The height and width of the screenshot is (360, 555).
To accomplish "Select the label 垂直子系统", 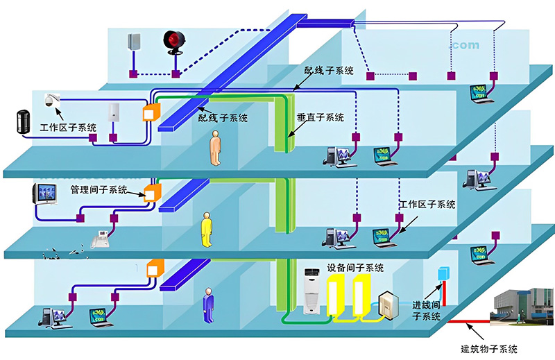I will pos(321,117).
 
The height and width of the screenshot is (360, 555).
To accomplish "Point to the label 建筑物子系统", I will pos(489,348).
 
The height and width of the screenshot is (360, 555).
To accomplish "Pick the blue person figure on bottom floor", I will pos(208,305).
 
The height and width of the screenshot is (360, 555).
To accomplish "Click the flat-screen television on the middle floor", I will pos(46,194).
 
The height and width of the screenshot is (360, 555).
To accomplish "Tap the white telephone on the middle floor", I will pos(101,239).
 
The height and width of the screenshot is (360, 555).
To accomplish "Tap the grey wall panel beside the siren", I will pos(134,41).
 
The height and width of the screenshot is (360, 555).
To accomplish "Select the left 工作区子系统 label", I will pos(67,128).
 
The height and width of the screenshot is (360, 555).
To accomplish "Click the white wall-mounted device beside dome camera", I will pos(115,113).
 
